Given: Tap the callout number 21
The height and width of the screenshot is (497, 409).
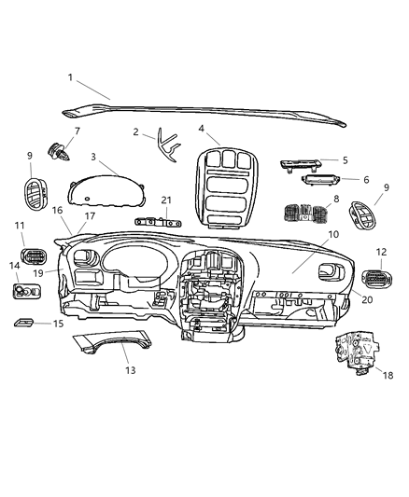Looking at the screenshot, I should [x=166, y=200].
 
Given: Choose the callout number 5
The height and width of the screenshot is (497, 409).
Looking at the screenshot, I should [x=344, y=159].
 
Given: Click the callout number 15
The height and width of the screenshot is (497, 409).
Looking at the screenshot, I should [x=58, y=324].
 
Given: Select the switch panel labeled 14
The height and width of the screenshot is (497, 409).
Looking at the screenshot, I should [x=27, y=295].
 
